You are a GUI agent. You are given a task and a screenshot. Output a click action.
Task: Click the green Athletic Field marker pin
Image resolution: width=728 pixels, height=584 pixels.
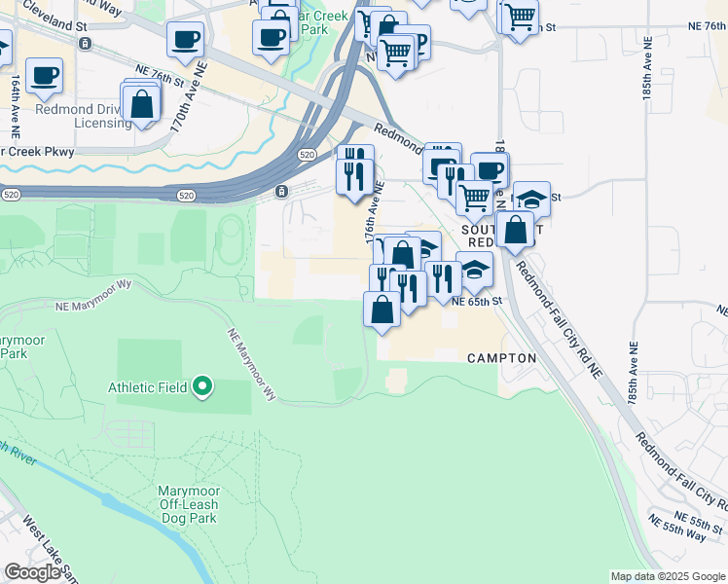[x=202, y=387]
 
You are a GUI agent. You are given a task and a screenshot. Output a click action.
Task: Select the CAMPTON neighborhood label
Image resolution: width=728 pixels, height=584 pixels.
[x=501, y=358]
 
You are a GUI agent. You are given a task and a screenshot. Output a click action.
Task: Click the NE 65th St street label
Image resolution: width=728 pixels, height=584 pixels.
[x=476, y=302]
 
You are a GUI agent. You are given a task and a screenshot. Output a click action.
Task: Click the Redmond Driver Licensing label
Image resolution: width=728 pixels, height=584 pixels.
[x=84, y=116]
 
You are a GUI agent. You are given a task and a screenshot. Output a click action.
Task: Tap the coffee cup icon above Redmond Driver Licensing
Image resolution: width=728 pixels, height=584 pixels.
[x=44, y=76]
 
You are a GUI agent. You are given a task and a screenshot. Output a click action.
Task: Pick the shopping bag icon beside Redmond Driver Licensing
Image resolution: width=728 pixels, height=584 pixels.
[x=142, y=105]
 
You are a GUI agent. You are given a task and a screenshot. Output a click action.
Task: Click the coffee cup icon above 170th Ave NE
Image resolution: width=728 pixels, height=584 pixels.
[x=184, y=41]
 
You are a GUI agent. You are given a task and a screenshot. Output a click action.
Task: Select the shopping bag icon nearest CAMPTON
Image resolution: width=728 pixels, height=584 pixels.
[x=382, y=310]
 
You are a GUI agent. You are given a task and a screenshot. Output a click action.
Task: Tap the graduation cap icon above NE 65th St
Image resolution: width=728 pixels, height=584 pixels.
[x=474, y=270]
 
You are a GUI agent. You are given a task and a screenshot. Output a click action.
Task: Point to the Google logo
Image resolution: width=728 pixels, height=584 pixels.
[x=32, y=572]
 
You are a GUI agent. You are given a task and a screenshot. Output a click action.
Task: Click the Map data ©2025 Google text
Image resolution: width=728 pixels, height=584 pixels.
[x=668, y=576]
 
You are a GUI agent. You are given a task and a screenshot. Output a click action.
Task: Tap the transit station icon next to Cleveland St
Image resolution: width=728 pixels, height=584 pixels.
[x=86, y=44]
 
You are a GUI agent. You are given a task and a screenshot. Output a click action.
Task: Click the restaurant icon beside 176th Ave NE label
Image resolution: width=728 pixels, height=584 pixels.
[x=354, y=176]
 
